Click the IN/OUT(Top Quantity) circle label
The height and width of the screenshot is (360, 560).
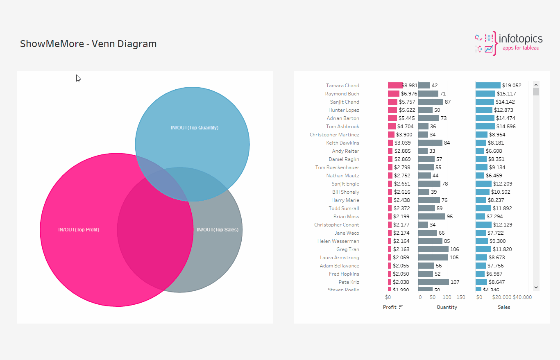[195, 128]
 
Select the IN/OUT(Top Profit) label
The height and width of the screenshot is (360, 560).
[79, 230]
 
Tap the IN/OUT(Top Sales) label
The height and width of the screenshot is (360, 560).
[217, 230]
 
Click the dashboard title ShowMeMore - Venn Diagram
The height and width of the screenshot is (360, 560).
[88, 44]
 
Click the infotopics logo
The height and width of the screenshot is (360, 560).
[508, 43]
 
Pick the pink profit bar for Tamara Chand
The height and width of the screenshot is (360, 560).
[395, 86]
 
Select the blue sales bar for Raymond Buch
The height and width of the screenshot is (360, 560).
[485, 94]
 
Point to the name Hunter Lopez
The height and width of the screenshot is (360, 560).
[344, 110]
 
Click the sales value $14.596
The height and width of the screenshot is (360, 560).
[506, 127]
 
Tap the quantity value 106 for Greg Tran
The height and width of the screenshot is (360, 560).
[454, 249]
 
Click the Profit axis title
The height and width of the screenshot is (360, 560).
[389, 307]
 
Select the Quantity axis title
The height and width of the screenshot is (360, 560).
[447, 307]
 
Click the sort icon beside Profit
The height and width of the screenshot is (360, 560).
[401, 307]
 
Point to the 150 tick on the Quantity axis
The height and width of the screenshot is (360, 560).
[461, 297]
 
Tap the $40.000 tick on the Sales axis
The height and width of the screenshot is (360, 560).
[522, 297]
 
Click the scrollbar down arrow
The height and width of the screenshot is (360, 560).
[536, 288]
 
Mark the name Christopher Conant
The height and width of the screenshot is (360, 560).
[336, 225]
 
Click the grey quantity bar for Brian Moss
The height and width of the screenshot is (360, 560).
[431, 217]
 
